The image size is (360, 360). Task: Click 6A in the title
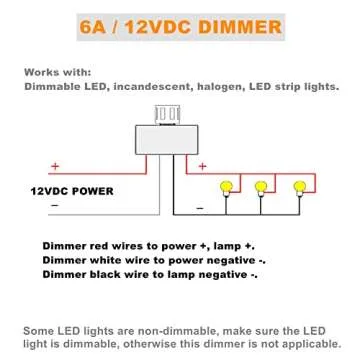tap(101, 23)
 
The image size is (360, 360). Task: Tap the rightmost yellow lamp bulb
tap(297, 187)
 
